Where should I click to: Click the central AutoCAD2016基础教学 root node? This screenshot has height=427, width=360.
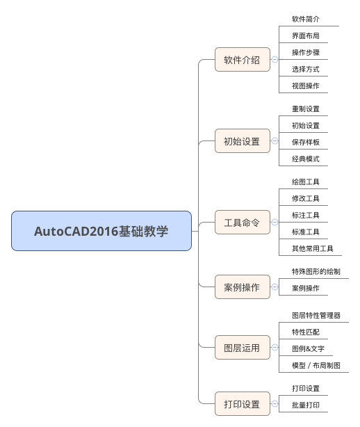click(101, 231)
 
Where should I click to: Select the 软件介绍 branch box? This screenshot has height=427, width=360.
click(242, 60)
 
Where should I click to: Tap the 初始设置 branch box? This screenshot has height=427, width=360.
click(242, 140)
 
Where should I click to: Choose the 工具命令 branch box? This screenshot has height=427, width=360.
click(242, 223)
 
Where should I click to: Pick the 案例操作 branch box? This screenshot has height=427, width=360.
click(242, 287)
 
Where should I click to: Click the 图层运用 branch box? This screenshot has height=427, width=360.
click(242, 348)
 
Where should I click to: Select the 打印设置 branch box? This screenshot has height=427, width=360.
click(242, 404)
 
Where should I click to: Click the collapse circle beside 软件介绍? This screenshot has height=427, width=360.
click(275, 59)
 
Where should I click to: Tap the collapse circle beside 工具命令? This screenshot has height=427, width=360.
click(275, 223)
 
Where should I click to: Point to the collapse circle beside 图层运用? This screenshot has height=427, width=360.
click(275, 347)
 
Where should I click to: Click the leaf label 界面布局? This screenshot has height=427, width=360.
click(306, 36)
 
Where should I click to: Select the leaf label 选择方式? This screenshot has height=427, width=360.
click(306, 69)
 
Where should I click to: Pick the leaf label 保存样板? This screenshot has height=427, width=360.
click(306, 142)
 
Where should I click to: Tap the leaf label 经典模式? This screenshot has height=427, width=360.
click(306, 159)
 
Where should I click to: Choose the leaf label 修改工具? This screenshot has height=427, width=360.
click(306, 198)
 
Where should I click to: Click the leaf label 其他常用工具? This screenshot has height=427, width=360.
click(313, 248)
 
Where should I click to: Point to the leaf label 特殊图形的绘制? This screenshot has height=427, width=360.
click(316, 271)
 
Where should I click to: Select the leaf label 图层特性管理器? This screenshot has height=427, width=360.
click(316, 315)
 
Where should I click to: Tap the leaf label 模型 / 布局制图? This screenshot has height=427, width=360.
click(316, 365)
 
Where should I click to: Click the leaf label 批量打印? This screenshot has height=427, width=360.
click(306, 405)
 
